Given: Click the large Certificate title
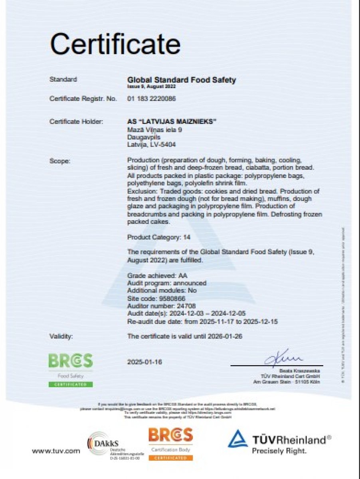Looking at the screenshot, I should pyautogui.click(x=115, y=44).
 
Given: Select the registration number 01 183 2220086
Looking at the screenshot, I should pyautogui.click(x=152, y=99).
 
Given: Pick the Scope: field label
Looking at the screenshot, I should pyautogui.click(x=60, y=161).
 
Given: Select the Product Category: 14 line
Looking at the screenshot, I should pyautogui.click(x=158, y=237).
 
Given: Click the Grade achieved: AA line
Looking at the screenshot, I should pyautogui.click(x=157, y=276).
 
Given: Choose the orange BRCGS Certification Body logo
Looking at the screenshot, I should pyautogui.click(x=170, y=443).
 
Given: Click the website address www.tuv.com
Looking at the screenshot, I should pyautogui.click(x=56, y=451).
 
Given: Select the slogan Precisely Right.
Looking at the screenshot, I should pyautogui.click(x=279, y=451).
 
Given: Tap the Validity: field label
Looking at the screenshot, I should pyautogui.click(x=61, y=336).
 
